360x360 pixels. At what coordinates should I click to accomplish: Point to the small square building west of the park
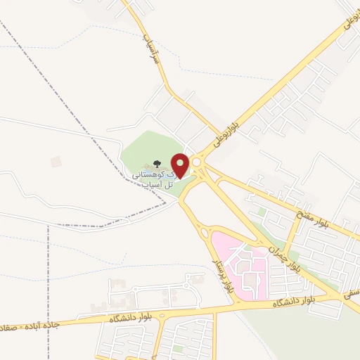(x=56, y=162)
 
